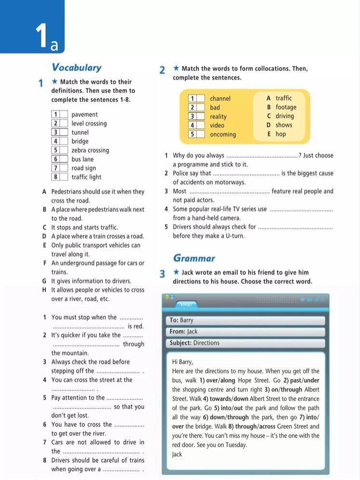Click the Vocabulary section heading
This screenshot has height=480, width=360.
[x=76, y=68]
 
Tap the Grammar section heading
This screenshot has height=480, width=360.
[x=194, y=258]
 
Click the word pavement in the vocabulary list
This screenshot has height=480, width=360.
[x=84, y=114]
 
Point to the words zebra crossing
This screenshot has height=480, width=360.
[x=90, y=150]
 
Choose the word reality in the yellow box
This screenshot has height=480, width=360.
[x=218, y=116]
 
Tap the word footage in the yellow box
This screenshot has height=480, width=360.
[x=286, y=107]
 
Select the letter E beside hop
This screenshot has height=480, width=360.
[x=269, y=134]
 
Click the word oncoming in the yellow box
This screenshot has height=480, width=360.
[x=223, y=134]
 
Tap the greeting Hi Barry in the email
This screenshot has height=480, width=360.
[x=182, y=362]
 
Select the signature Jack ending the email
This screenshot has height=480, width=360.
[x=177, y=454]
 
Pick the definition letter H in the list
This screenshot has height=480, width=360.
[x=44, y=290]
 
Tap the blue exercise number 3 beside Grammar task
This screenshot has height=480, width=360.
[x=163, y=274]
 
